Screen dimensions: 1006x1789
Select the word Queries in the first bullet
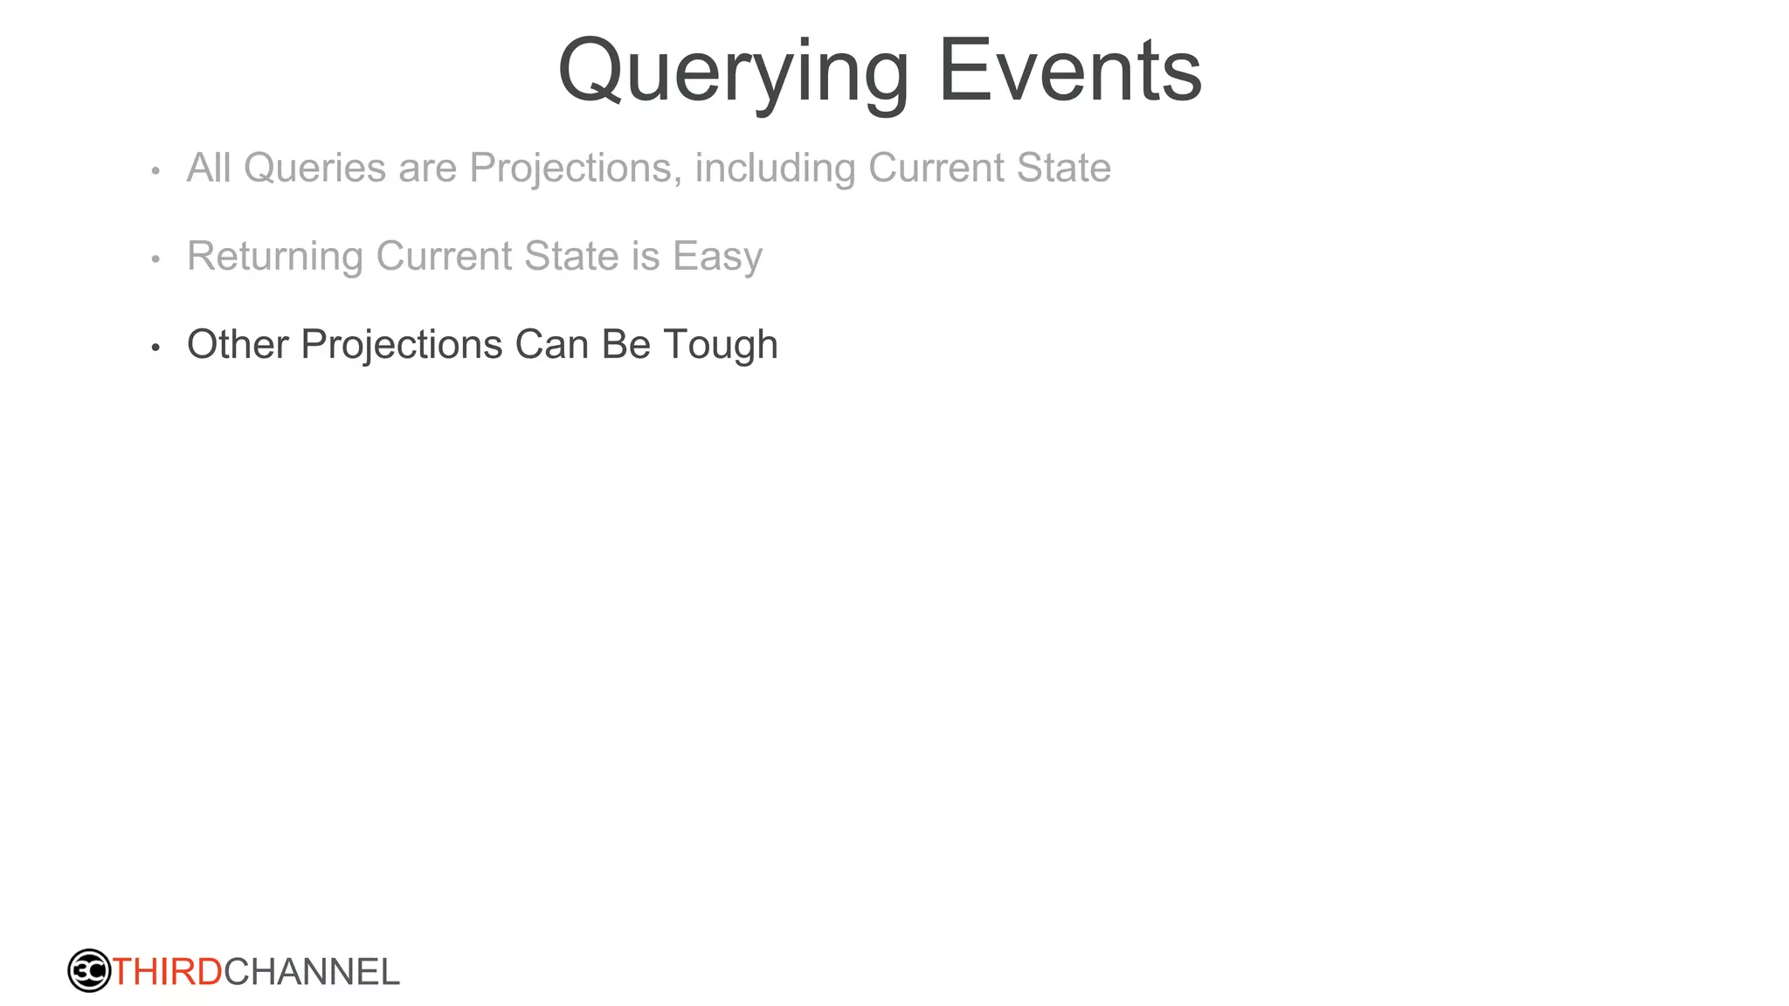coord(314,168)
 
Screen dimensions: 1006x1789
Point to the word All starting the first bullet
coord(209,168)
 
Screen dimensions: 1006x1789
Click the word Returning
coord(275,256)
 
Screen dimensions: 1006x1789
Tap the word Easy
coord(717,256)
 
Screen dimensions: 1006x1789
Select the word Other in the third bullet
coord(238,344)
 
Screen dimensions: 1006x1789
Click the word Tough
coord(721,344)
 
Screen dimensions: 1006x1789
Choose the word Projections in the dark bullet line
coord(402,344)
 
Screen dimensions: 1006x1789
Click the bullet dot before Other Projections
coord(155,348)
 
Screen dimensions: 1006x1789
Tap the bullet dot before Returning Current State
coord(155,259)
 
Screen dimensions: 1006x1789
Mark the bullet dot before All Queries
coord(155,171)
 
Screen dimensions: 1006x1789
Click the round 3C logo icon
coord(89,971)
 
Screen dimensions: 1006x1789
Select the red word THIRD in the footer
coord(167,972)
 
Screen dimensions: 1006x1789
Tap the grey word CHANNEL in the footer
coord(312,972)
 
